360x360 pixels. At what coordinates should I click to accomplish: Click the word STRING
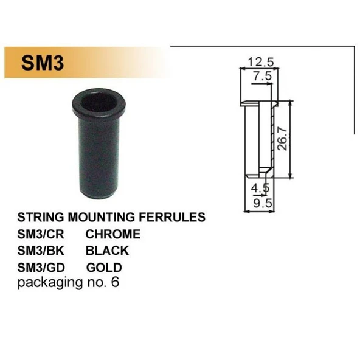click(39, 217)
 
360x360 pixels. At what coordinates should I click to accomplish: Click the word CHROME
click(112, 234)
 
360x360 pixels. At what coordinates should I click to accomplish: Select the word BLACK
click(107, 250)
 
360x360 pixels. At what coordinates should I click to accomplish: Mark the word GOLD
click(104, 267)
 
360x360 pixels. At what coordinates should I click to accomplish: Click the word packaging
click(46, 283)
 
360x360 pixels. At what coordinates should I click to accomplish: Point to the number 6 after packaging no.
click(115, 282)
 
